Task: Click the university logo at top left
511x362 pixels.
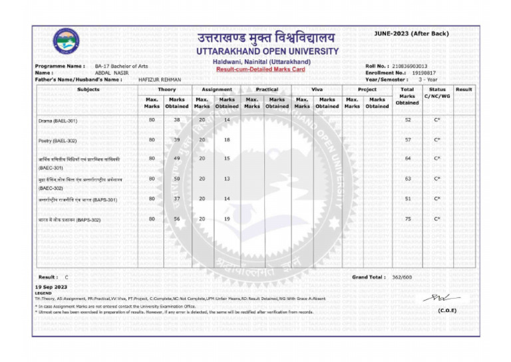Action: point(66,42)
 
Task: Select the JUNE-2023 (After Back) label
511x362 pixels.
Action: point(411,33)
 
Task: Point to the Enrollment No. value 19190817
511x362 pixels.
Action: point(424,73)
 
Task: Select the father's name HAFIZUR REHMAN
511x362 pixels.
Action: point(160,79)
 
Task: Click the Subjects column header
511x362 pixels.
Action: point(88,89)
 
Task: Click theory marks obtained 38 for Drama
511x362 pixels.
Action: point(177,120)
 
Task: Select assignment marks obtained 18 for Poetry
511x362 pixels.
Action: point(227,140)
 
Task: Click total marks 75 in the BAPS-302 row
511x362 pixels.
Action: point(407,219)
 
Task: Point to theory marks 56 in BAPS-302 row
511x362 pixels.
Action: point(177,219)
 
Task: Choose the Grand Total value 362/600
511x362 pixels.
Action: point(401,277)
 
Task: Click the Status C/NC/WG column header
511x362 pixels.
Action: point(437,93)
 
